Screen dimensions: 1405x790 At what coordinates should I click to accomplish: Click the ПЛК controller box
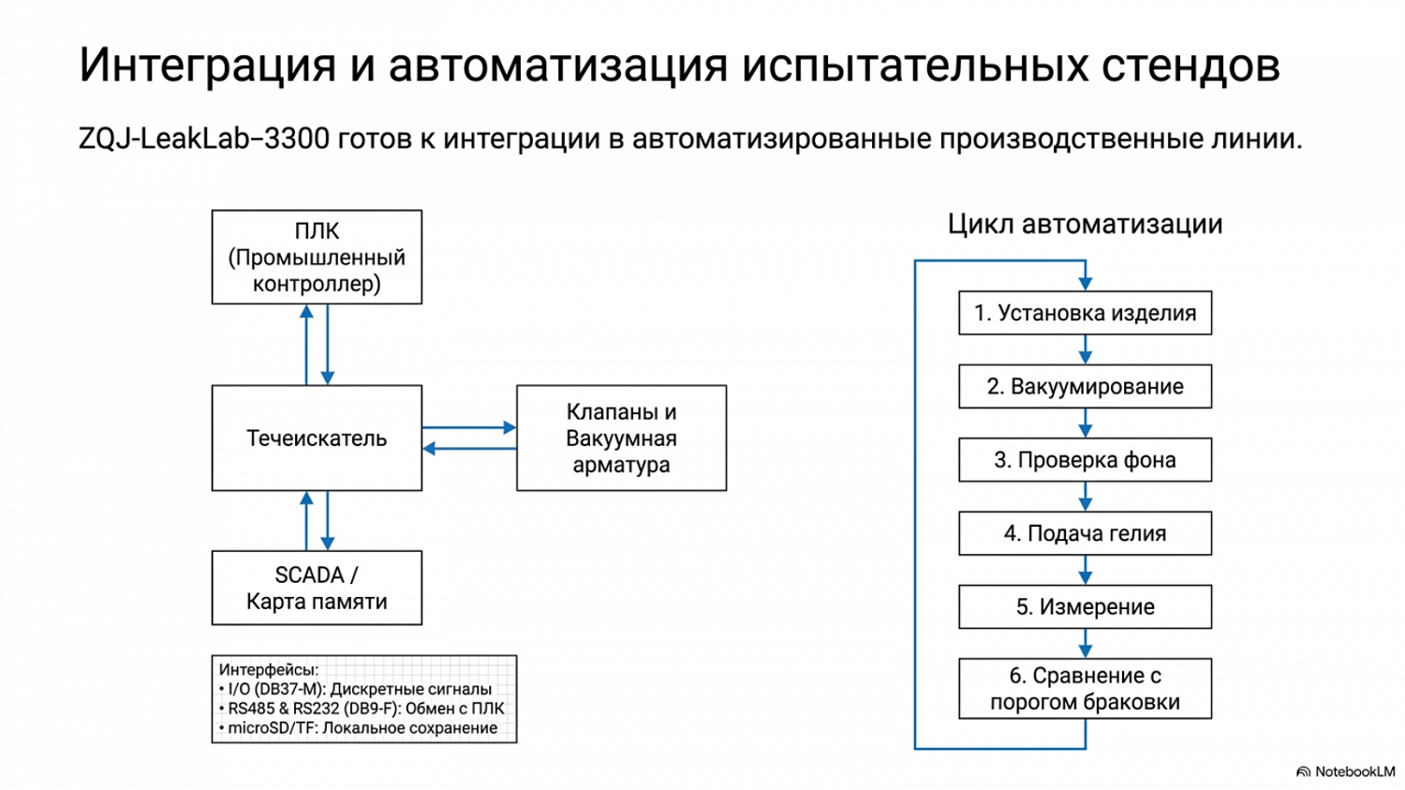pyautogui.click(x=317, y=258)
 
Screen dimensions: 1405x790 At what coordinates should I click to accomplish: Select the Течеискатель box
pyautogui.click(x=317, y=438)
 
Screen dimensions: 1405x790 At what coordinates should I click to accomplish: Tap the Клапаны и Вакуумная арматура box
pyautogui.click(x=622, y=438)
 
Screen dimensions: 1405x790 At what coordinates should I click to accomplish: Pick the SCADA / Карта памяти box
pyautogui.click(x=317, y=588)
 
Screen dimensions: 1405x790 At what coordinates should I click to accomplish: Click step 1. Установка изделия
pyautogui.click(x=1085, y=312)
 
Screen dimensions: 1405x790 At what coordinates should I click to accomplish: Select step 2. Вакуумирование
pyautogui.click(x=1085, y=386)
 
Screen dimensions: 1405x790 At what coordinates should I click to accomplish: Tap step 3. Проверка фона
pyautogui.click(x=1085, y=459)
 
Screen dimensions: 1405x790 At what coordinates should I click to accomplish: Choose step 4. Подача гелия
pyautogui.click(x=1085, y=532)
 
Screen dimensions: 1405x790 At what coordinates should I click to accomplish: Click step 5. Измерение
pyautogui.click(x=1085, y=606)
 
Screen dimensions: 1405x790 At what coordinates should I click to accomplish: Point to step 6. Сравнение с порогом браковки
pyautogui.click(x=1085, y=689)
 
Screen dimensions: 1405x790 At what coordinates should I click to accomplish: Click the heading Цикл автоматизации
pyautogui.click(x=1085, y=224)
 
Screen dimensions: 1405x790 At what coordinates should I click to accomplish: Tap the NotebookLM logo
pyautogui.click(x=1346, y=771)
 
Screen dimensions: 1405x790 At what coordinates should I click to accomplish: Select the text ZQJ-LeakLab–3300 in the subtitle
pyautogui.click(x=204, y=139)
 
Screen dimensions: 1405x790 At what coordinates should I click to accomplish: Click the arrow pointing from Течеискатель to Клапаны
pyautogui.click(x=469, y=427)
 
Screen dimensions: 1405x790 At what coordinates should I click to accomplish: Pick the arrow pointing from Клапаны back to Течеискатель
pyautogui.click(x=469, y=449)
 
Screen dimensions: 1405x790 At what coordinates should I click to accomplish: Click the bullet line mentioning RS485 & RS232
pyautogui.click(x=362, y=708)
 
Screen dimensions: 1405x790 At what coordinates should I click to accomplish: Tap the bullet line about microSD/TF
pyautogui.click(x=358, y=728)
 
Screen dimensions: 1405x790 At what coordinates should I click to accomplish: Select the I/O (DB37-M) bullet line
pyautogui.click(x=355, y=689)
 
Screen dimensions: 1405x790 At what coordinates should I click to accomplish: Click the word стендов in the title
pyautogui.click(x=1191, y=65)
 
